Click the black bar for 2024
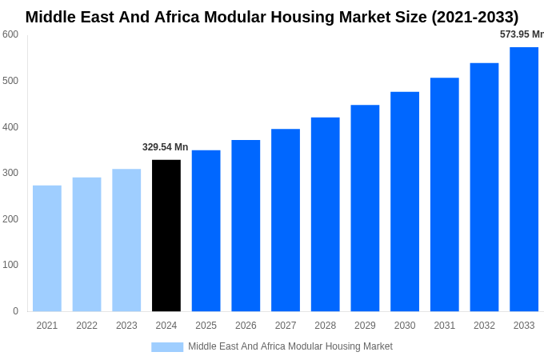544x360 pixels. [x=166, y=235]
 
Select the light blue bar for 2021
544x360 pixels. [x=47, y=248]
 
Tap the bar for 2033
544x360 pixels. [x=524, y=179]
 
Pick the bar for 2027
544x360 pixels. [x=286, y=220]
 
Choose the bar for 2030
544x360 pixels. [x=405, y=202]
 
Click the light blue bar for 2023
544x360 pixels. [x=126, y=240]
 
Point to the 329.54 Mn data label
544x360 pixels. [x=166, y=147]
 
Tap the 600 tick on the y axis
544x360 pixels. [x=10, y=34]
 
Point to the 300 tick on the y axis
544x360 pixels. [x=10, y=173]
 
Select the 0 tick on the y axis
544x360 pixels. [x=15, y=311]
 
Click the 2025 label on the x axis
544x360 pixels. [x=206, y=326]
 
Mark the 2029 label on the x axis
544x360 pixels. [x=365, y=326]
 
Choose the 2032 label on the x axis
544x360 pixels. [x=484, y=326]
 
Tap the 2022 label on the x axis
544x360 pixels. [x=87, y=326]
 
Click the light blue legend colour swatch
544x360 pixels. [x=167, y=347]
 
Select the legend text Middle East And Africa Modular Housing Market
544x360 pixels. [x=290, y=346]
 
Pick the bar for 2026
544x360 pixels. [x=246, y=226]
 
